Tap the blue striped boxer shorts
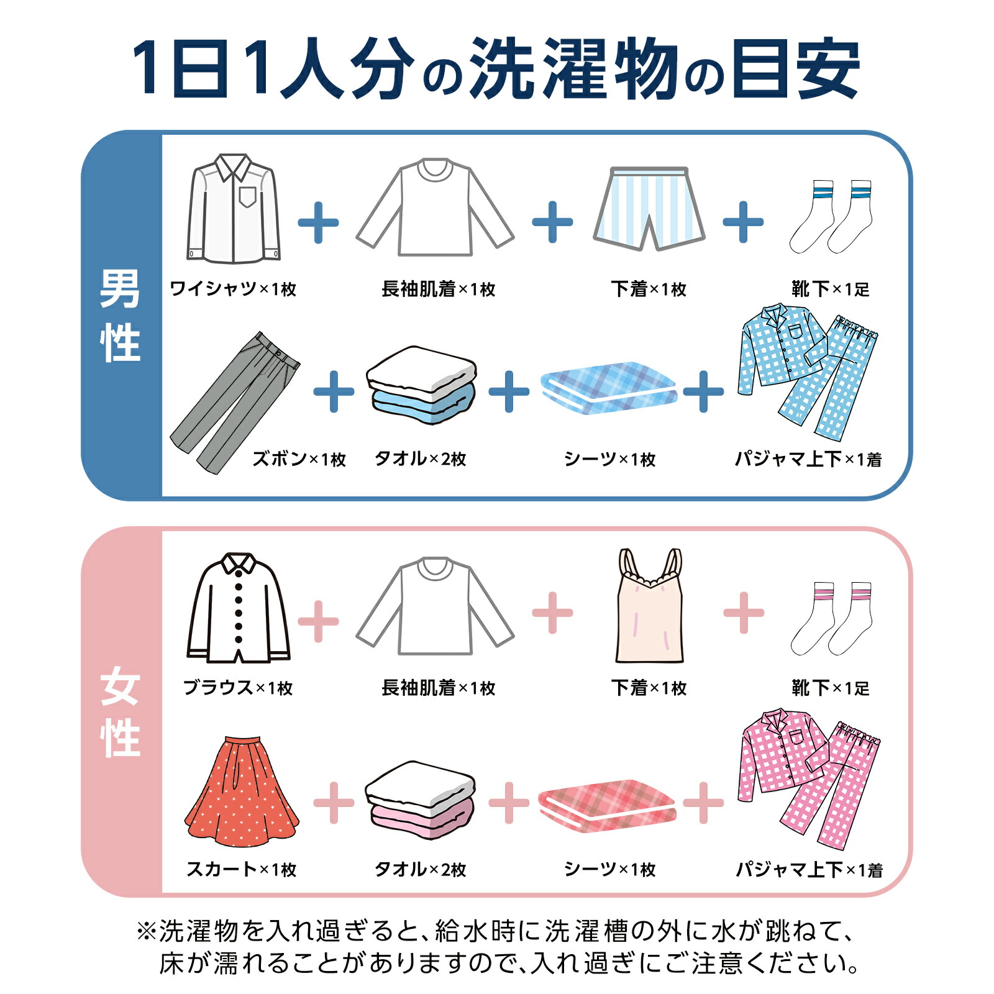649,208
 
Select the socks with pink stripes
831,618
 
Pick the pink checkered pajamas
808,780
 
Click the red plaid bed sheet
608,805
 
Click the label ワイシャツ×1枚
233,289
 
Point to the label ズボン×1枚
299,459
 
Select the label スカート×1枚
242,869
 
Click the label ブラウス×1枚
238,688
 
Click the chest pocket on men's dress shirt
247,197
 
